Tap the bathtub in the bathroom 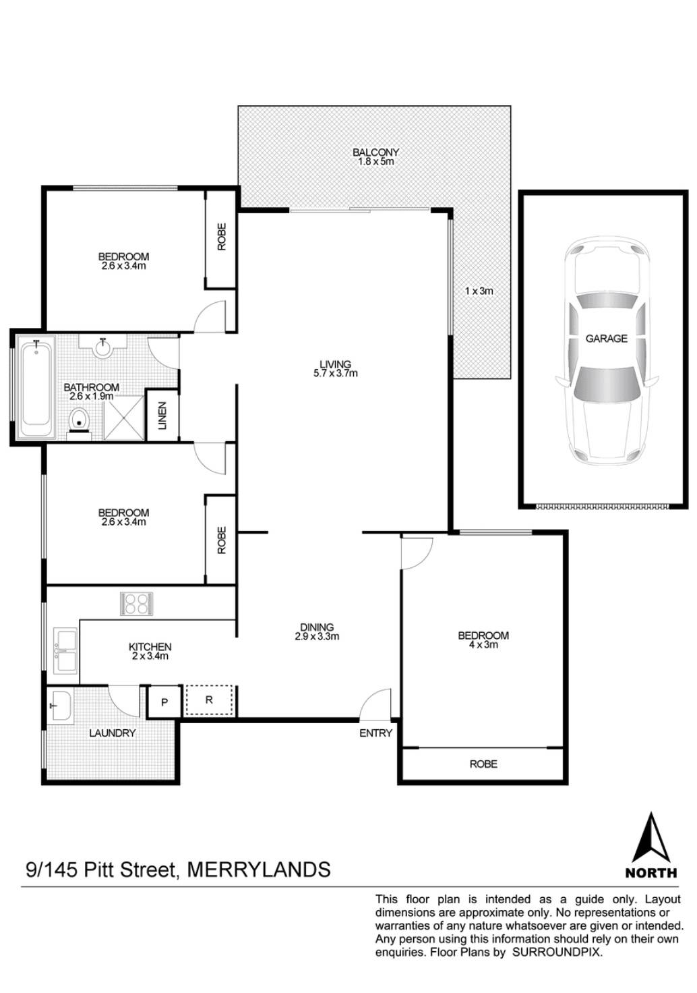click(x=35, y=389)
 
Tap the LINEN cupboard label click(x=162, y=416)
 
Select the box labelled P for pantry click(x=164, y=701)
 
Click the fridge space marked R click(x=209, y=700)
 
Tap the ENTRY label click(x=375, y=733)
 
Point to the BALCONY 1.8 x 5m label click(x=375, y=157)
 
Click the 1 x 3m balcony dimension click(x=479, y=291)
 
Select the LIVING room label click(x=335, y=368)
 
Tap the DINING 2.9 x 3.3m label click(x=316, y=631)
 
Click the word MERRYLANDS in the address click(x=258, y=869)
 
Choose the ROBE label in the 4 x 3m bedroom click(x=483, y=764)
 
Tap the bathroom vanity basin click(x=102, y=347)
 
